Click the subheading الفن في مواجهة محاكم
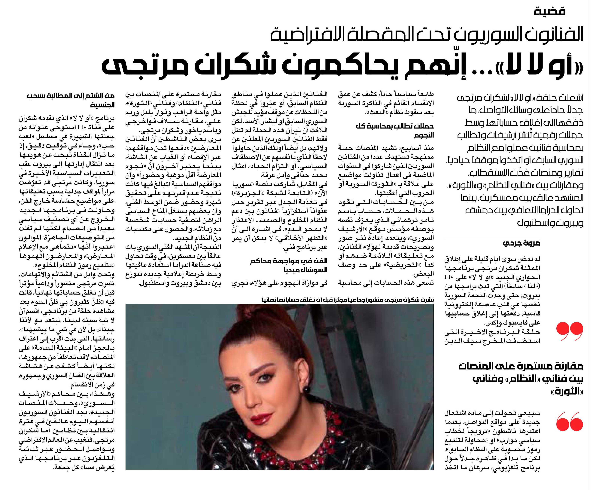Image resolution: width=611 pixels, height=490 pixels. coord(289,261)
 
